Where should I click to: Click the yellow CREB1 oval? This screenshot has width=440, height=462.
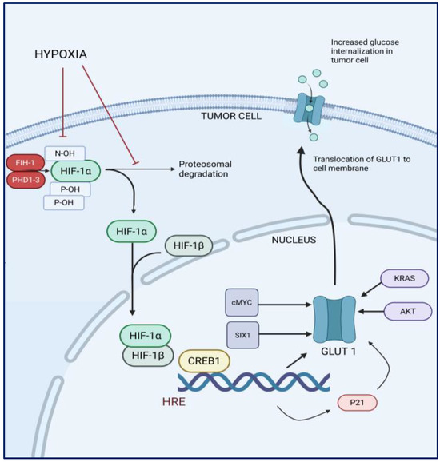(204, 361)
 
